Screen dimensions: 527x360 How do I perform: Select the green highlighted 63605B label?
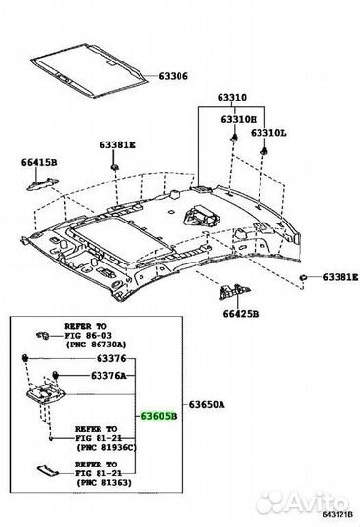pyautogui.click(x=159, y=415)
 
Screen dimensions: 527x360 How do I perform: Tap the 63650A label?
pyautogui.click(x=207, y=403)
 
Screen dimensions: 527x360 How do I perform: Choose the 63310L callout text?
pyautogui.click(x=268, y=132)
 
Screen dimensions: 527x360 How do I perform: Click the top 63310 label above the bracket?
pyautogui.click(x=231, y=98)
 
